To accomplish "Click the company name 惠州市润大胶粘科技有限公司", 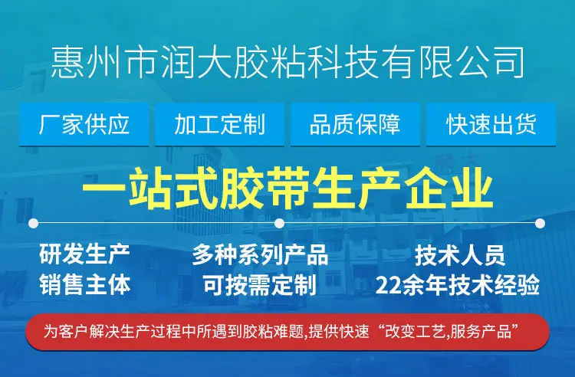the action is [x=287, y=63].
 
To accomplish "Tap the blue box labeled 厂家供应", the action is [x=84, y=125].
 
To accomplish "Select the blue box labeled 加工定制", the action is [x=220, y=125].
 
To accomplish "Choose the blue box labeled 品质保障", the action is [x=355, y=125].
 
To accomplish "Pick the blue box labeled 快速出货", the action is [x=491, y=125].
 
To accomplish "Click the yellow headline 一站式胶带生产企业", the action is [x=287, y=188].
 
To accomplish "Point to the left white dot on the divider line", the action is [x=34, y=223].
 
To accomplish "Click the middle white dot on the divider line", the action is [x=279, y=223].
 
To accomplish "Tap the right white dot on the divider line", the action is [x=540, y=223].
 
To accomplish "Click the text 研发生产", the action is [x=84, y=254].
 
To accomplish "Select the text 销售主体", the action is [x=84, y=285].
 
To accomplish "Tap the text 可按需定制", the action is [x=260, y=285].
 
